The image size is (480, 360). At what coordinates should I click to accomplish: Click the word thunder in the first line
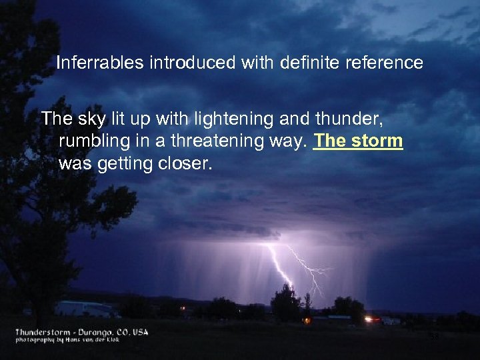pyautogui.click(x=355, y=119)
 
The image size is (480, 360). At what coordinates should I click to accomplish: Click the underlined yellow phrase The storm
pyautogui.click(x=358, y=142)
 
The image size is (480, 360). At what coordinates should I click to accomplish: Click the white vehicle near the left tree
pyautogui.click(x=84, y=309)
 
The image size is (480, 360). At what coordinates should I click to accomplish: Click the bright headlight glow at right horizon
pyautogui.click(x=369, y=319)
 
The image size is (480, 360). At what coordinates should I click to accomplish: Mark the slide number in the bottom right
pyautogui.click(x=434, y=337)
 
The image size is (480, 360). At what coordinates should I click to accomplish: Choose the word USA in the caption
pyautogui.click(x=139, y=331)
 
